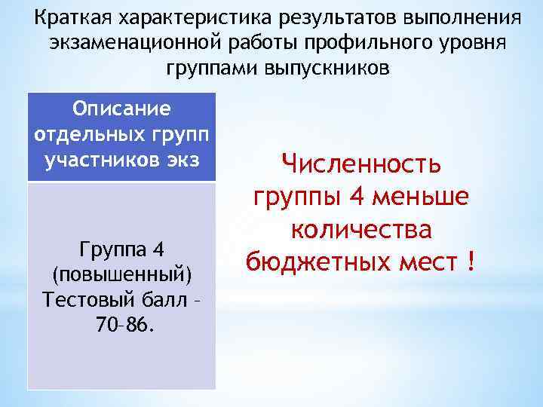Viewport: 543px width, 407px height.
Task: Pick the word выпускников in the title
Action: (327, 69)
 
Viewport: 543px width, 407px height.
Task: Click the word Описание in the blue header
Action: (121, 109)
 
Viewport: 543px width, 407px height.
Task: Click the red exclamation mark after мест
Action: (471, 262)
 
